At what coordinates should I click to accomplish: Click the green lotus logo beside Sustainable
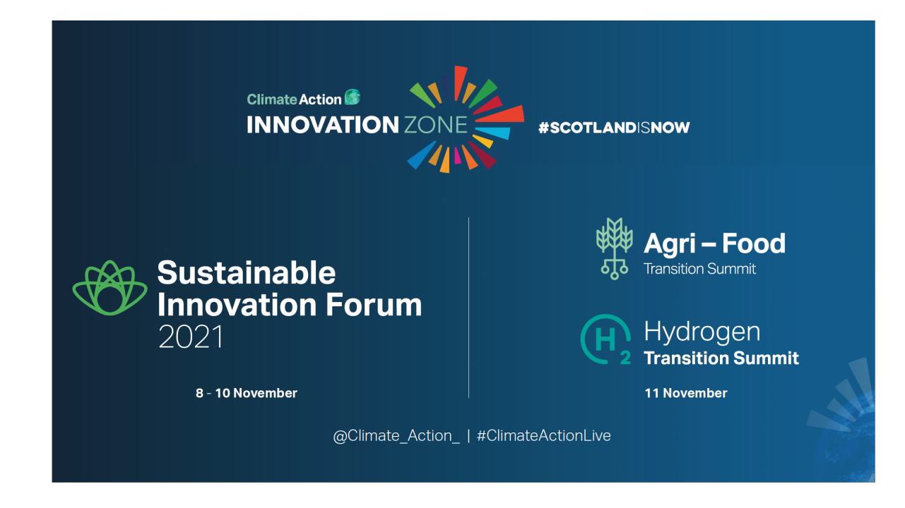[x=110, y=288]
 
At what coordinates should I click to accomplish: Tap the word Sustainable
[x=247, y=273]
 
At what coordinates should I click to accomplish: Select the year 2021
[x=191, y=337]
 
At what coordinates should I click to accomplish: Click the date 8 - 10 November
[x=247, y=393]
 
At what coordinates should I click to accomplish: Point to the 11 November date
[x=685, y=393]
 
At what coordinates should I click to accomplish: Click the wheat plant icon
[x=615, y=248]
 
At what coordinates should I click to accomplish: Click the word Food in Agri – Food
[x=754, y=243]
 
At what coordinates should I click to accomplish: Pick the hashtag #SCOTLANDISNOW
[x=614, y=128]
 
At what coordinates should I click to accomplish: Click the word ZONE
[x=435, y=125]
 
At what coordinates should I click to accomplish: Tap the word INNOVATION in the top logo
[x=323, y=125]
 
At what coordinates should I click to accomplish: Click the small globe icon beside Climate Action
[x=353, y=97]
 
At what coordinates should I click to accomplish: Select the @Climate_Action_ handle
[x=396, y=436]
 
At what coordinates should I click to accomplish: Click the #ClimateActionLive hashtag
[x=544, y=436]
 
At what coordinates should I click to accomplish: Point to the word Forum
[x=374, y=305]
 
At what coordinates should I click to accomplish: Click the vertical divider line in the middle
[x=468, y=308]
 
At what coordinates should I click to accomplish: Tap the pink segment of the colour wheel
[x=457, y=156]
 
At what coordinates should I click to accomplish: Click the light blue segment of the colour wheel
[x=494, y=133]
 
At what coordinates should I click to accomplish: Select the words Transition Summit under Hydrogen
[x=721, y=358]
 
